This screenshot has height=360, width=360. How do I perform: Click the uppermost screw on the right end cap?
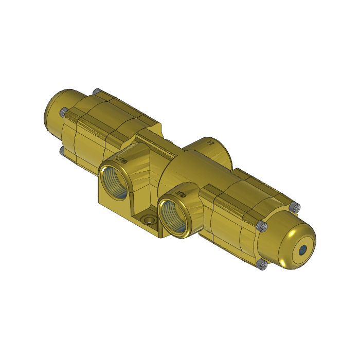click(295, 207)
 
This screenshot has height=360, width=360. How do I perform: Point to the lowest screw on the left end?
click(62, 151)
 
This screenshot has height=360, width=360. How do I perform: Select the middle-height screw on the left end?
click(62, 112)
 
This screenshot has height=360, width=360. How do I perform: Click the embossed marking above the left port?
click(122, 159)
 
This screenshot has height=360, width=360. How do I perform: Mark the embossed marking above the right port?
click(181, 194)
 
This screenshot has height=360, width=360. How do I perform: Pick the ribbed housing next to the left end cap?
click(103, 123)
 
